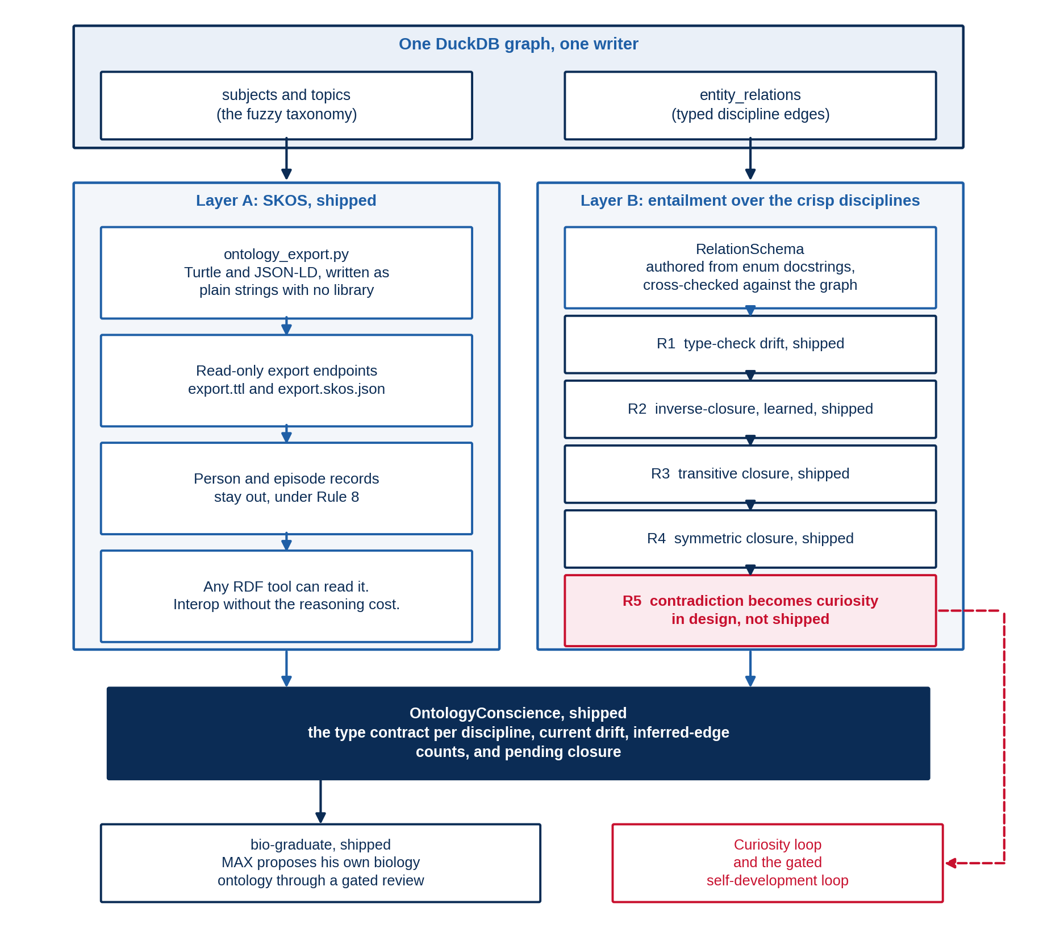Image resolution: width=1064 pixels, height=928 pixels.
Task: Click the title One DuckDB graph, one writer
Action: [518, 44]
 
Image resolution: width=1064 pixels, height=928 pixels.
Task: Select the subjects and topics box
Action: [286, 105]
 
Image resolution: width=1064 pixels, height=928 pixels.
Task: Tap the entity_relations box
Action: [750, 105]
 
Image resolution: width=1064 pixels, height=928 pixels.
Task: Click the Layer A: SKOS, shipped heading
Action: [286, 201]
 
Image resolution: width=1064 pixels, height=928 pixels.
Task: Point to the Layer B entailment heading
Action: [750, 201]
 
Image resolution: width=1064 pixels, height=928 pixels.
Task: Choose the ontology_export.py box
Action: [286, 273]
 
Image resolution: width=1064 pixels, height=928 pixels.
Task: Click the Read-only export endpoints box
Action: [286, 380]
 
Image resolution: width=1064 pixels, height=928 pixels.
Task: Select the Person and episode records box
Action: [286, 488]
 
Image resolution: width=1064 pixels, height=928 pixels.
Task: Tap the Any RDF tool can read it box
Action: [286, 596]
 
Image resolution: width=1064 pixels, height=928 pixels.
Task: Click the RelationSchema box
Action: [750, 267]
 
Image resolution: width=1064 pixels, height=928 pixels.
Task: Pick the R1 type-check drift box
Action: [750, 344]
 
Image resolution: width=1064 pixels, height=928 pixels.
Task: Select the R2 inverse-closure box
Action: [750, 409]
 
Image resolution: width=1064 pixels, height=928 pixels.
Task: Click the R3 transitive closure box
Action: [750, 474]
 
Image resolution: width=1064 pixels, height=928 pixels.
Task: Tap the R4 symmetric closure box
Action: [750, 539]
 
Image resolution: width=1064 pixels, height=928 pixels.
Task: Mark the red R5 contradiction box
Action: [750, 610]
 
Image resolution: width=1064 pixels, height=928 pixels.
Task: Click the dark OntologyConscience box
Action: [518, 733]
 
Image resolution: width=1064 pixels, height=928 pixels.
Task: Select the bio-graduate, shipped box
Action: [320, 863]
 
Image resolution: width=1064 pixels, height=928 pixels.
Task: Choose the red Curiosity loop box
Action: [777, 863]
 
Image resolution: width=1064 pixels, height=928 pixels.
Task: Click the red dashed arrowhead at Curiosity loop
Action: [951, 863]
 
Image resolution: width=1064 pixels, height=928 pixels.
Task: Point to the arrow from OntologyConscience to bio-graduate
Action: [320, 801]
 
